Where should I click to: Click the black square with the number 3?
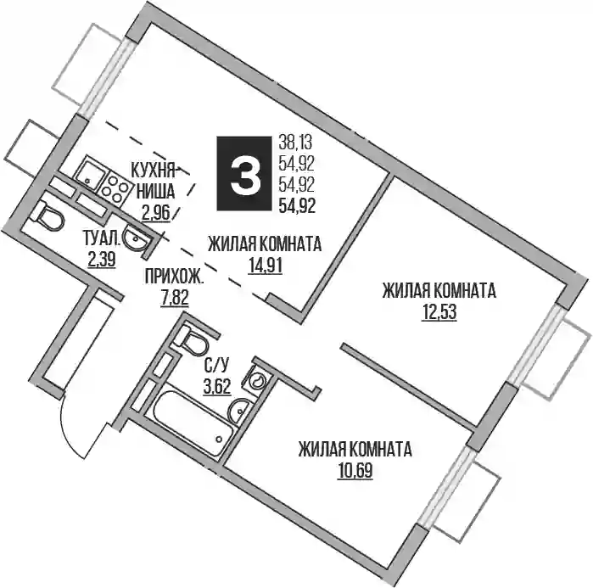[x=244, y=174]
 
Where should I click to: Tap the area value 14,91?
[x=265, y=266]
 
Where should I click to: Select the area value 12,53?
[x=439, y=312]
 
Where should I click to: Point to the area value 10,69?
[x=355, y=471]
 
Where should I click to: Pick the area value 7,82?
[x=175, y=299]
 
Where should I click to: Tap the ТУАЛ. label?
[x=102, y=239]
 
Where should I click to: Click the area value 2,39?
[x=101, y=260]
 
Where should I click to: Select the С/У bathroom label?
[x=216, y=366]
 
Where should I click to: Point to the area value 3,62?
[x=217, y=386]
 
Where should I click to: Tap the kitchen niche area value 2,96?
[x=156, y=214]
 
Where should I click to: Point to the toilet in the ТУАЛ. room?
[x=49, y=216]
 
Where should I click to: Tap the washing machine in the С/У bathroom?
[x=258, y=378]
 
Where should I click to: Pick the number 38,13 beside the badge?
[x=295, y=143]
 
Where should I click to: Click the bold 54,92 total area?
[x=297, y=206]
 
